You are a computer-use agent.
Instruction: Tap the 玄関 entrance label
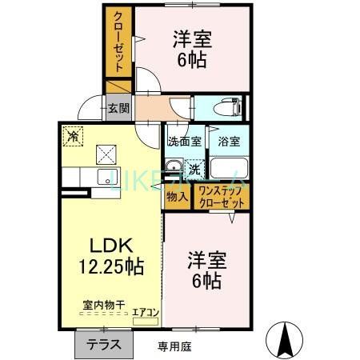118,108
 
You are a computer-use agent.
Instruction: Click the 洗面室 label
182,142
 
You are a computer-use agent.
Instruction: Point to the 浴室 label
229,142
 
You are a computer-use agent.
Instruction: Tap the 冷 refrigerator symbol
73,135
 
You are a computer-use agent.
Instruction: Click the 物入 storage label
177,195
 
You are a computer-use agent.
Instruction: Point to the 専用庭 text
174,346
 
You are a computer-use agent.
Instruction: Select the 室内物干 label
100,304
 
